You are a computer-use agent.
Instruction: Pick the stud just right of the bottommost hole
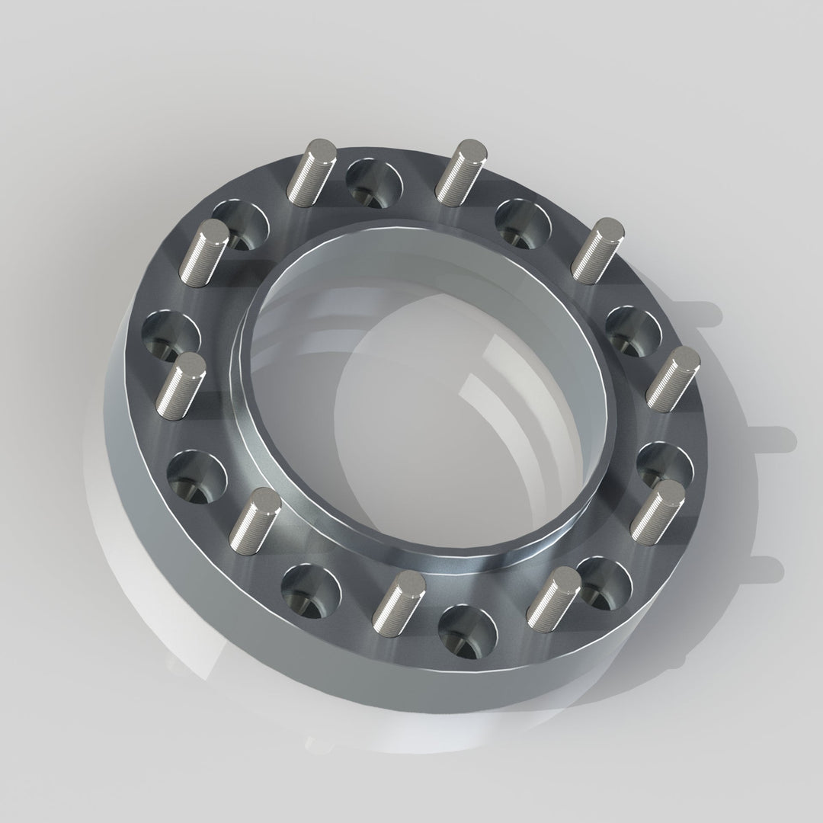[x=553, y=597]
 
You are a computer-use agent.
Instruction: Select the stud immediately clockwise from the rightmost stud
[x=657, y=511]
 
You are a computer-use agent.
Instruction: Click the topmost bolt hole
[x=373, y=184]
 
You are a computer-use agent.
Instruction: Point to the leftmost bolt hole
[x=171, y=335]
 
